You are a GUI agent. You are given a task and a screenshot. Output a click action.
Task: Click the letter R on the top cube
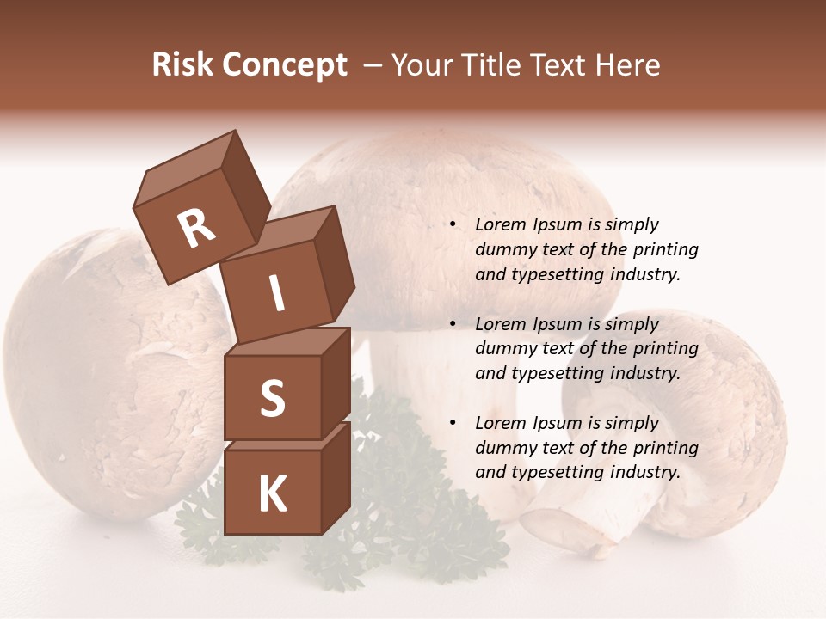coord(197,229)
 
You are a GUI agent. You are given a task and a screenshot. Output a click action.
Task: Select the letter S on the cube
coord(272,399)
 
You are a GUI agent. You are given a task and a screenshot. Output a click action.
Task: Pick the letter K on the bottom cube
coord(272,494)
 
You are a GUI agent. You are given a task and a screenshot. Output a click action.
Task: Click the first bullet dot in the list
coord(453,225)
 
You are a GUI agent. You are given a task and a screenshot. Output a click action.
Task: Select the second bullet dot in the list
coord(453,324)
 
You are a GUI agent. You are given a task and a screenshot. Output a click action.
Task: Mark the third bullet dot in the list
coord(453,423)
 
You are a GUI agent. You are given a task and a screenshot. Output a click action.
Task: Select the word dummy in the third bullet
coord(503,448)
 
